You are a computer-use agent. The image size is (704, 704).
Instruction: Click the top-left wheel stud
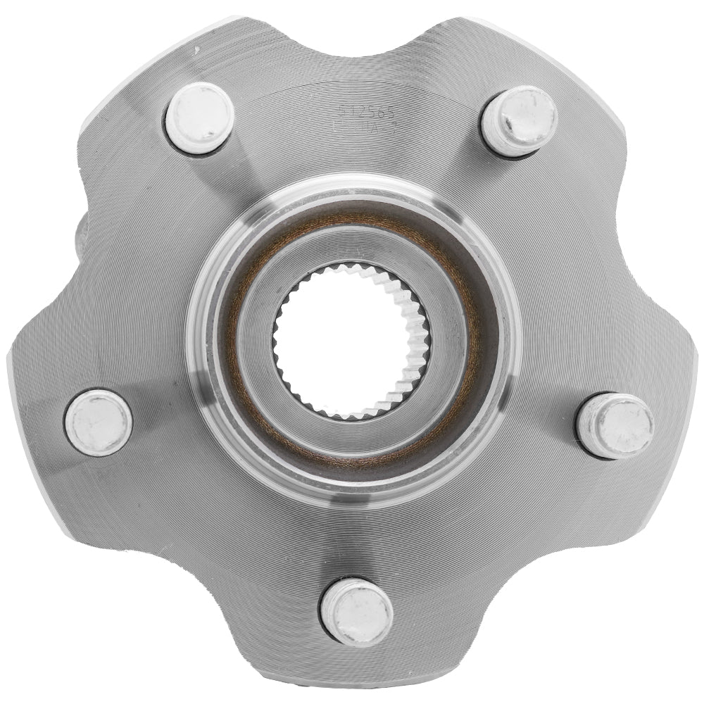(x=200, y=118)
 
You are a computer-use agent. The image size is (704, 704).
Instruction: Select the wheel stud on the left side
(x=99, y=422)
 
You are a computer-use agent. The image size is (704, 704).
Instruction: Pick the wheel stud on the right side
(x=615, y=425)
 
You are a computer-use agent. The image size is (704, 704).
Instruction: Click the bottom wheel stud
(x=356, y=610)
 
